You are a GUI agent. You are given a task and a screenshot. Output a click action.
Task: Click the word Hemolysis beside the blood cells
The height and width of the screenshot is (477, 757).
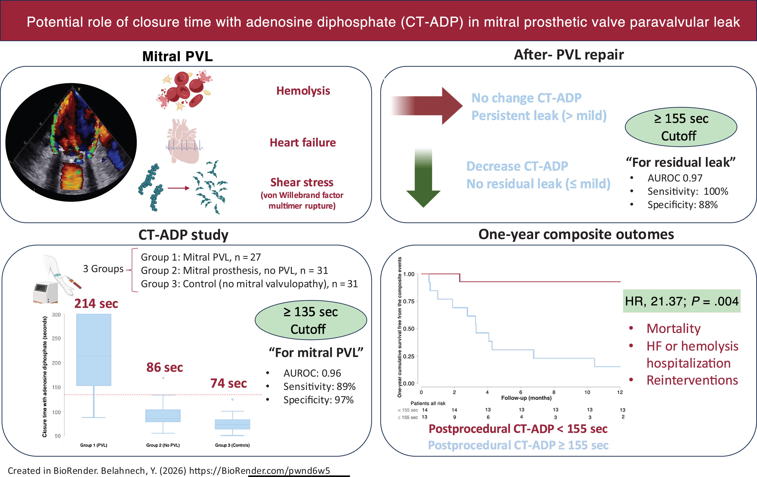(303, 91)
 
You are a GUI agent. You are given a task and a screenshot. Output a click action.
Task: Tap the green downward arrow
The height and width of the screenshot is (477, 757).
(423, 178)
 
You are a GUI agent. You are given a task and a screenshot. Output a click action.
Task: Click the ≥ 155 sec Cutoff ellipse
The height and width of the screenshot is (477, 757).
(681, 127)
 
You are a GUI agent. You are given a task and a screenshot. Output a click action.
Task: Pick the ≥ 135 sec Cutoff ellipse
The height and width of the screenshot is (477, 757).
(311, 320)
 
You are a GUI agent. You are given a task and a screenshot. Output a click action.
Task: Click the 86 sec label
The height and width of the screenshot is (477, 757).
(165, 367)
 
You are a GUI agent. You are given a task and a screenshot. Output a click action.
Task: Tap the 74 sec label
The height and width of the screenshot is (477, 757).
(229, 383)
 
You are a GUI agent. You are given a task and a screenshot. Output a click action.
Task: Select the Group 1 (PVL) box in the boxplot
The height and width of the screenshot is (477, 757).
(94, 350)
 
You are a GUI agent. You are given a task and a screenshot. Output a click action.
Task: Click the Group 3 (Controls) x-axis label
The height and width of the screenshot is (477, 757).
(232, 445)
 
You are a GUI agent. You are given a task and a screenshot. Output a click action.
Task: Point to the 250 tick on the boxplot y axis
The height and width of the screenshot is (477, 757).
(56, 338)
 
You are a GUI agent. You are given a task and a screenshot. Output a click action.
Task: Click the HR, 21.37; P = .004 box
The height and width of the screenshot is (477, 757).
(682, 301)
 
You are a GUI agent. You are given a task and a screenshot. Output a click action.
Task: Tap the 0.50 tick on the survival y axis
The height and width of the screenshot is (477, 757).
(409, 329)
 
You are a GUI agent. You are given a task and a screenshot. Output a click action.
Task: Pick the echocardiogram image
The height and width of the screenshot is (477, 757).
(71, 142)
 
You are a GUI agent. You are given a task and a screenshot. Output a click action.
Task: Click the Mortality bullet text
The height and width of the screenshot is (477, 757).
(673, 329)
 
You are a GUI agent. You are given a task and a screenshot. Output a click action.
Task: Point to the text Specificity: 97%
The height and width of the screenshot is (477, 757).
(319, 400)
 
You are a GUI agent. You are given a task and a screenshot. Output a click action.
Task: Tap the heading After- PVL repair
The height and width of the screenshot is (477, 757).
(569, 55)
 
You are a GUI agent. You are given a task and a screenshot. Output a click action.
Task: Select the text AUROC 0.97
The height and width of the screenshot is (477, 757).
(675, 178)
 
